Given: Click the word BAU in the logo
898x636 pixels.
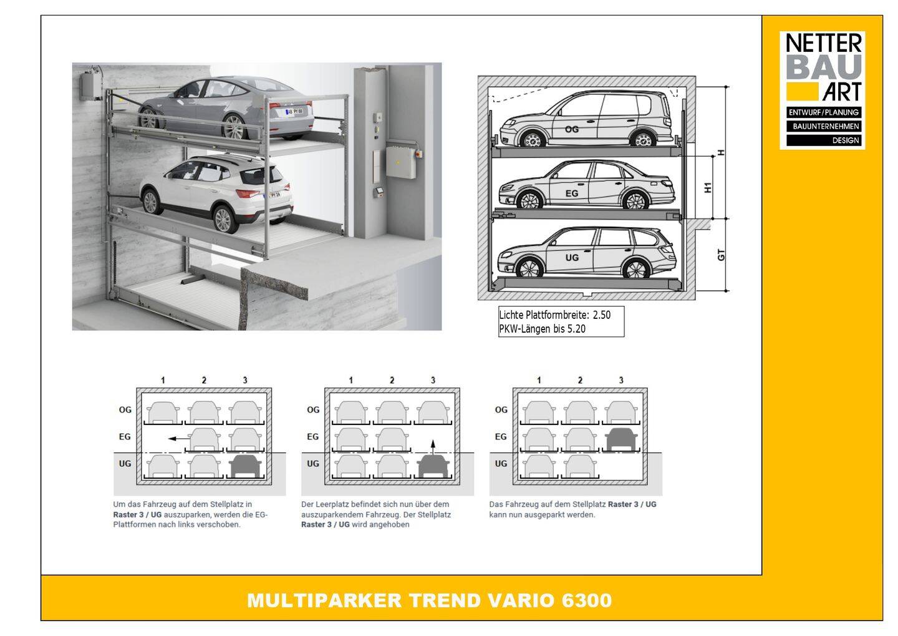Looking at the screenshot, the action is pyautogui.click(x=824, y=67).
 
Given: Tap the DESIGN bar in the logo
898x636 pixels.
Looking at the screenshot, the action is pyautogui.click(x=824, y=140).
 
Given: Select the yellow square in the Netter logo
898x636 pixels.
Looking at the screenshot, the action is pyautogui.click(x=802, y=92).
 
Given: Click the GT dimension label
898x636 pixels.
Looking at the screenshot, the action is pyautogui.click(x=721, y=255).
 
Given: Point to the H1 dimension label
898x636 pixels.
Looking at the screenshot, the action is pyautogui.click(x=708, y=187).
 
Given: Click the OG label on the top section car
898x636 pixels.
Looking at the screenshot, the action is pyautogui.click(x=572, y=129).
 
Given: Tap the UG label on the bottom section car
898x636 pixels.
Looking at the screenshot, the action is pyautogui.click(x=572, y=258).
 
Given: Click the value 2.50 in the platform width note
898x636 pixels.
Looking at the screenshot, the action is pyautogui.click(x=602, y=315).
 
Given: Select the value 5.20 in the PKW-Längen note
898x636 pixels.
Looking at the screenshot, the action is pyautogui.click(x=576, y=329).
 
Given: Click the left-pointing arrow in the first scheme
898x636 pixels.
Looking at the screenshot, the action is pyautogui.click(x=179, y=439).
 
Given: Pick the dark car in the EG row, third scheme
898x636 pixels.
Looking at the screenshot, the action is pyautogui.click(x=621, y=439).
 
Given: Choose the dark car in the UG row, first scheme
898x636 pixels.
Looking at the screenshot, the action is pyautogui.click(x=245, y=466).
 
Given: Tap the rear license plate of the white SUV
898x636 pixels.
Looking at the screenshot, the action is pyautogui.click(x=274, y=195).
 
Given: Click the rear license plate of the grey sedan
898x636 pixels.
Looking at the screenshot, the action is pyautogui.click(x=294, y=111).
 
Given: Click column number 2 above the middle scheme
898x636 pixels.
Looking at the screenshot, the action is pyautogui.click(x=392, y=380).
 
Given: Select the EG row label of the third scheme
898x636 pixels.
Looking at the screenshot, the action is pyautogui.click(x=501, y=436).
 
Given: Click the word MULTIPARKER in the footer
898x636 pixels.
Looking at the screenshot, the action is pyautogui.click(x=324, y=600).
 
